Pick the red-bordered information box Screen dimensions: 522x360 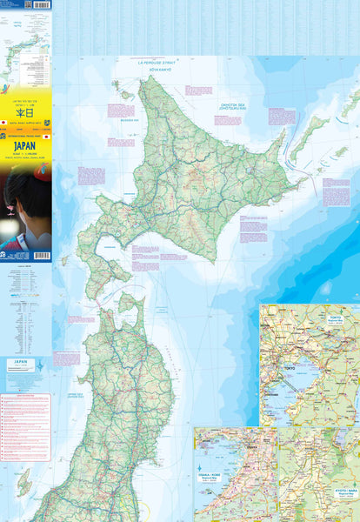25,426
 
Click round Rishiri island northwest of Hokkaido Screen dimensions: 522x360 123,94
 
